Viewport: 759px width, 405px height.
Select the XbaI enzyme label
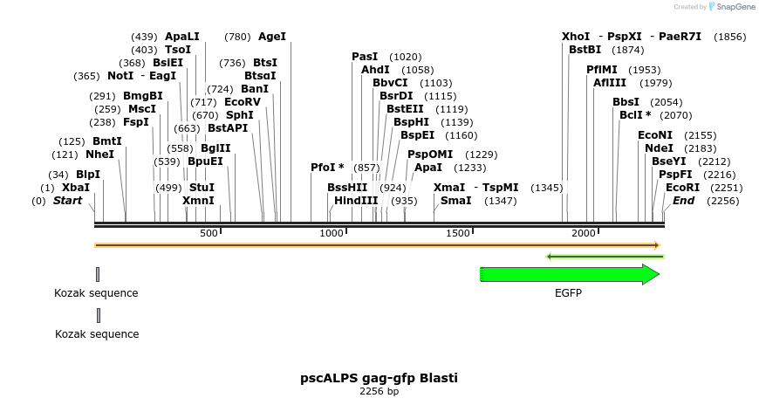click(75, 188)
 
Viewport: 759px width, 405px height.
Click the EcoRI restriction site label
click(682, 188)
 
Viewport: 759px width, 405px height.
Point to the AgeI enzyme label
click(271, 37)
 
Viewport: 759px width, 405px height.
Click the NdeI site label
click(659, 148)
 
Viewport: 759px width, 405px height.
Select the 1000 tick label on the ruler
click(332, 233)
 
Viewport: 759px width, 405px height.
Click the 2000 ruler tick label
click(584, 233)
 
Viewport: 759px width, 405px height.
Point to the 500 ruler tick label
click(209, 233)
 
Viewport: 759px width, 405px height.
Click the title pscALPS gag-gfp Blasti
click(379, 378)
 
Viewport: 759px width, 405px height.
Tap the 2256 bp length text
click(379, 392)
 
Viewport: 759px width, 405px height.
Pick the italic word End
click(683, 201)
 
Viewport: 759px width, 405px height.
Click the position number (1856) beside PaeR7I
click(729, 37)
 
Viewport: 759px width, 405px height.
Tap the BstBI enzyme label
click(585, 50)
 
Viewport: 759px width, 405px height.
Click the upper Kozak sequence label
click(97, 293)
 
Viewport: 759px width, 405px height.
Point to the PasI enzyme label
click(365, 56)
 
